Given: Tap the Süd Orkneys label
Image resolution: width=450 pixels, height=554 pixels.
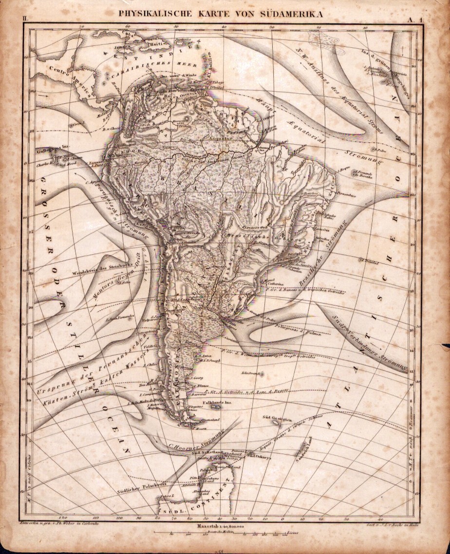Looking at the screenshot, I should click(260, 457).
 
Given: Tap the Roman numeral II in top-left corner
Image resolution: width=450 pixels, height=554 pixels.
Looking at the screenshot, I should click(25, 19).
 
